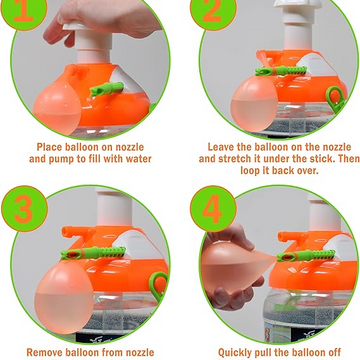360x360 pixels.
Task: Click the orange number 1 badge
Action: (x=24, y=11)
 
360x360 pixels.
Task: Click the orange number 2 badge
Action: (x=212, y=11)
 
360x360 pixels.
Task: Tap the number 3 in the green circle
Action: (x=24, y=208)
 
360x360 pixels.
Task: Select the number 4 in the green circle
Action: (x=213, y=208)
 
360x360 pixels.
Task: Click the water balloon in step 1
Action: (x=57, y=107)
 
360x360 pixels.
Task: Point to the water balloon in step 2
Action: (x=255, y=103)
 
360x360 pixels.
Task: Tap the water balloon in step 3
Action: (x=64, y=297)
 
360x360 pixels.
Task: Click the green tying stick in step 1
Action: (x=107, y=89)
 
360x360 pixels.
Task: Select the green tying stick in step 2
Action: (x=281, y=71)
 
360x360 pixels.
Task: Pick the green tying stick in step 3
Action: (x=93, y=253)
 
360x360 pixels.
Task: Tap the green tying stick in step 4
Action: (x=306, y=255)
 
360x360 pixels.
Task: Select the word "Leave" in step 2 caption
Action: (x=221, y=147)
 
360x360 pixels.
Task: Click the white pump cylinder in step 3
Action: (x=113, y=205)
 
